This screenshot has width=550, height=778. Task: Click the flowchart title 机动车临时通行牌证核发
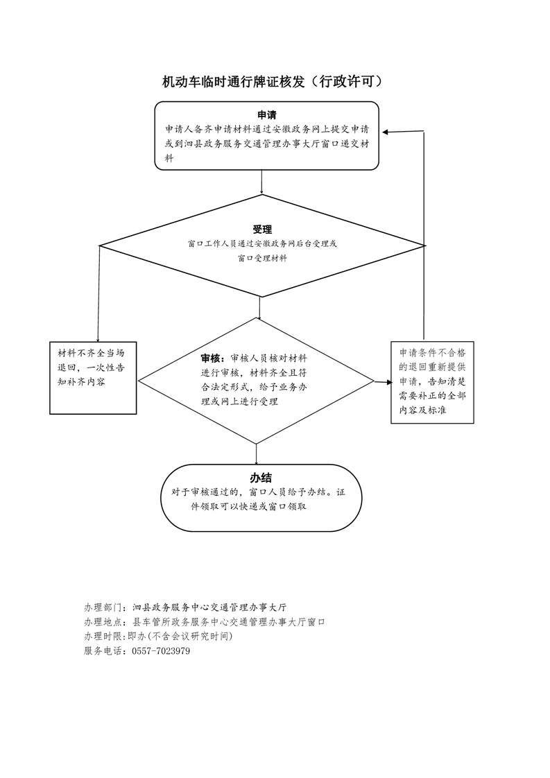point(233,82)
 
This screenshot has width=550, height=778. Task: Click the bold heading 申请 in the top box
point(266,115)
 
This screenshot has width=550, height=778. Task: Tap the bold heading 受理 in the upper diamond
point(262,230)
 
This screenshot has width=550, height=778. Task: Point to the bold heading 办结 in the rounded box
point(261,478)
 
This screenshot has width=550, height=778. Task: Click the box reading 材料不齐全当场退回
point(93,378)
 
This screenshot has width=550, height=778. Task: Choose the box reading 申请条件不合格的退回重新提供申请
point(432,382)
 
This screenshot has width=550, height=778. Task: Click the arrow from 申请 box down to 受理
point(261,182)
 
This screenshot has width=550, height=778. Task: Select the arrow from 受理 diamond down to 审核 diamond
point(259,308)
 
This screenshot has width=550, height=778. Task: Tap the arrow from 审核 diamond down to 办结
point(256,454)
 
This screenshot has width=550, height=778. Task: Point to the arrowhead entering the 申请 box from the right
point(386,132)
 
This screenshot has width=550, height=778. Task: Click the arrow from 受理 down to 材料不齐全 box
point(98,294)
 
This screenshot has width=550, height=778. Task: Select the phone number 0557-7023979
point(161,651)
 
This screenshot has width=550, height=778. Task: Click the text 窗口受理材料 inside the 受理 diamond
point(262,258)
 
